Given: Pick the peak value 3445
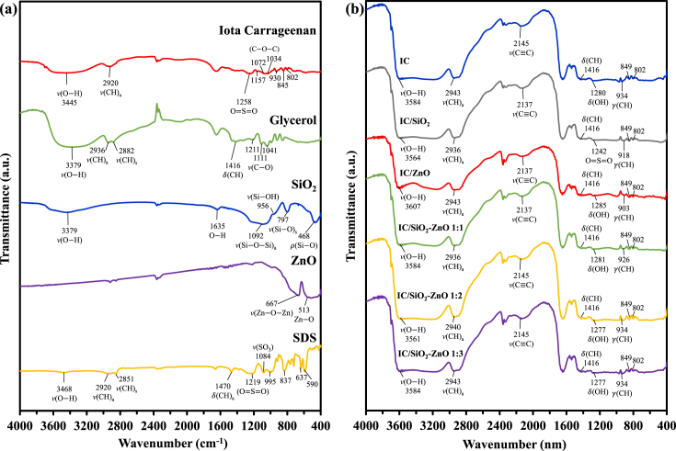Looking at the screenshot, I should point(66,85).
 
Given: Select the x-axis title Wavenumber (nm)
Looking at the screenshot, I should point(516,443).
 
